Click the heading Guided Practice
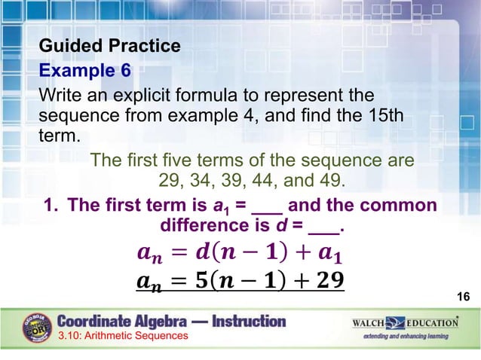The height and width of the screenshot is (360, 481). pyautogui.click(x=109, y=46)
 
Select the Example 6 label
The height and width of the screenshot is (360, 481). pyautogui.click(x=84, y=71)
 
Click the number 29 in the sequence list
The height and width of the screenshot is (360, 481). pyautogui.click(x=172, y=182)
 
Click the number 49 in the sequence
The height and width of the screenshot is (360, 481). pyautogui.click(x=329, y=182)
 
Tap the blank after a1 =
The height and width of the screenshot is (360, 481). pyautogui.click(x=267, y=206)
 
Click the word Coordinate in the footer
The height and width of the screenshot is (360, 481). pyautogui.click(x=103, y=321)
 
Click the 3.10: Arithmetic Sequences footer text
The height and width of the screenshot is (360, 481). pyautogui.click(x=123, y=336)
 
